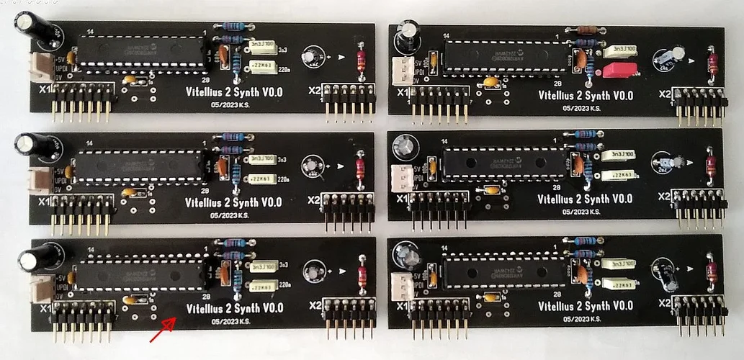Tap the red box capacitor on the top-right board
point(619,70)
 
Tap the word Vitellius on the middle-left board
point(203,202)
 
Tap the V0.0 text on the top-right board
point(618,95)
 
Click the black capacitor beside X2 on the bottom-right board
point(664,275)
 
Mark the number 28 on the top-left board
point(206,80)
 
